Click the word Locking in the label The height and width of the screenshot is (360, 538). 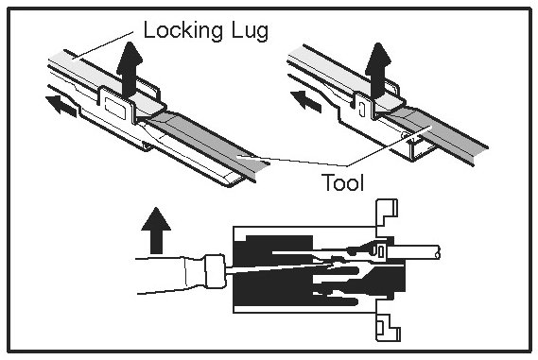pos(183,31)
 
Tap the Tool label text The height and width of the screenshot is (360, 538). pos(343,182)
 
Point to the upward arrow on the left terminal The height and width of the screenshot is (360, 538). pos(129,70)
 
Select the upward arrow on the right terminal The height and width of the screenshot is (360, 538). pos(378,70)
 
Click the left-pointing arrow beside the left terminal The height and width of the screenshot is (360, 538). pos(61,105)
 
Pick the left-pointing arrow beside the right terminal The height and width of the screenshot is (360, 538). pos(305,100)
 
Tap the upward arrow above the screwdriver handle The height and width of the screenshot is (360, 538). pos(156,231)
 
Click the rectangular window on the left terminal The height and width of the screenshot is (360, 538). pos(115,108)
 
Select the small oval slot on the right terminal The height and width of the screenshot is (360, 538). pos(360,109)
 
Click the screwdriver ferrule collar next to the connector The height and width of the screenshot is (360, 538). pos(215,271)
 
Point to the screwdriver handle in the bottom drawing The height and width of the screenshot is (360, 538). pos(170,275)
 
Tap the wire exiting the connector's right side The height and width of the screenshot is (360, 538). pos(414,251)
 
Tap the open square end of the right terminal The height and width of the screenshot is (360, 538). pos(421,151)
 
